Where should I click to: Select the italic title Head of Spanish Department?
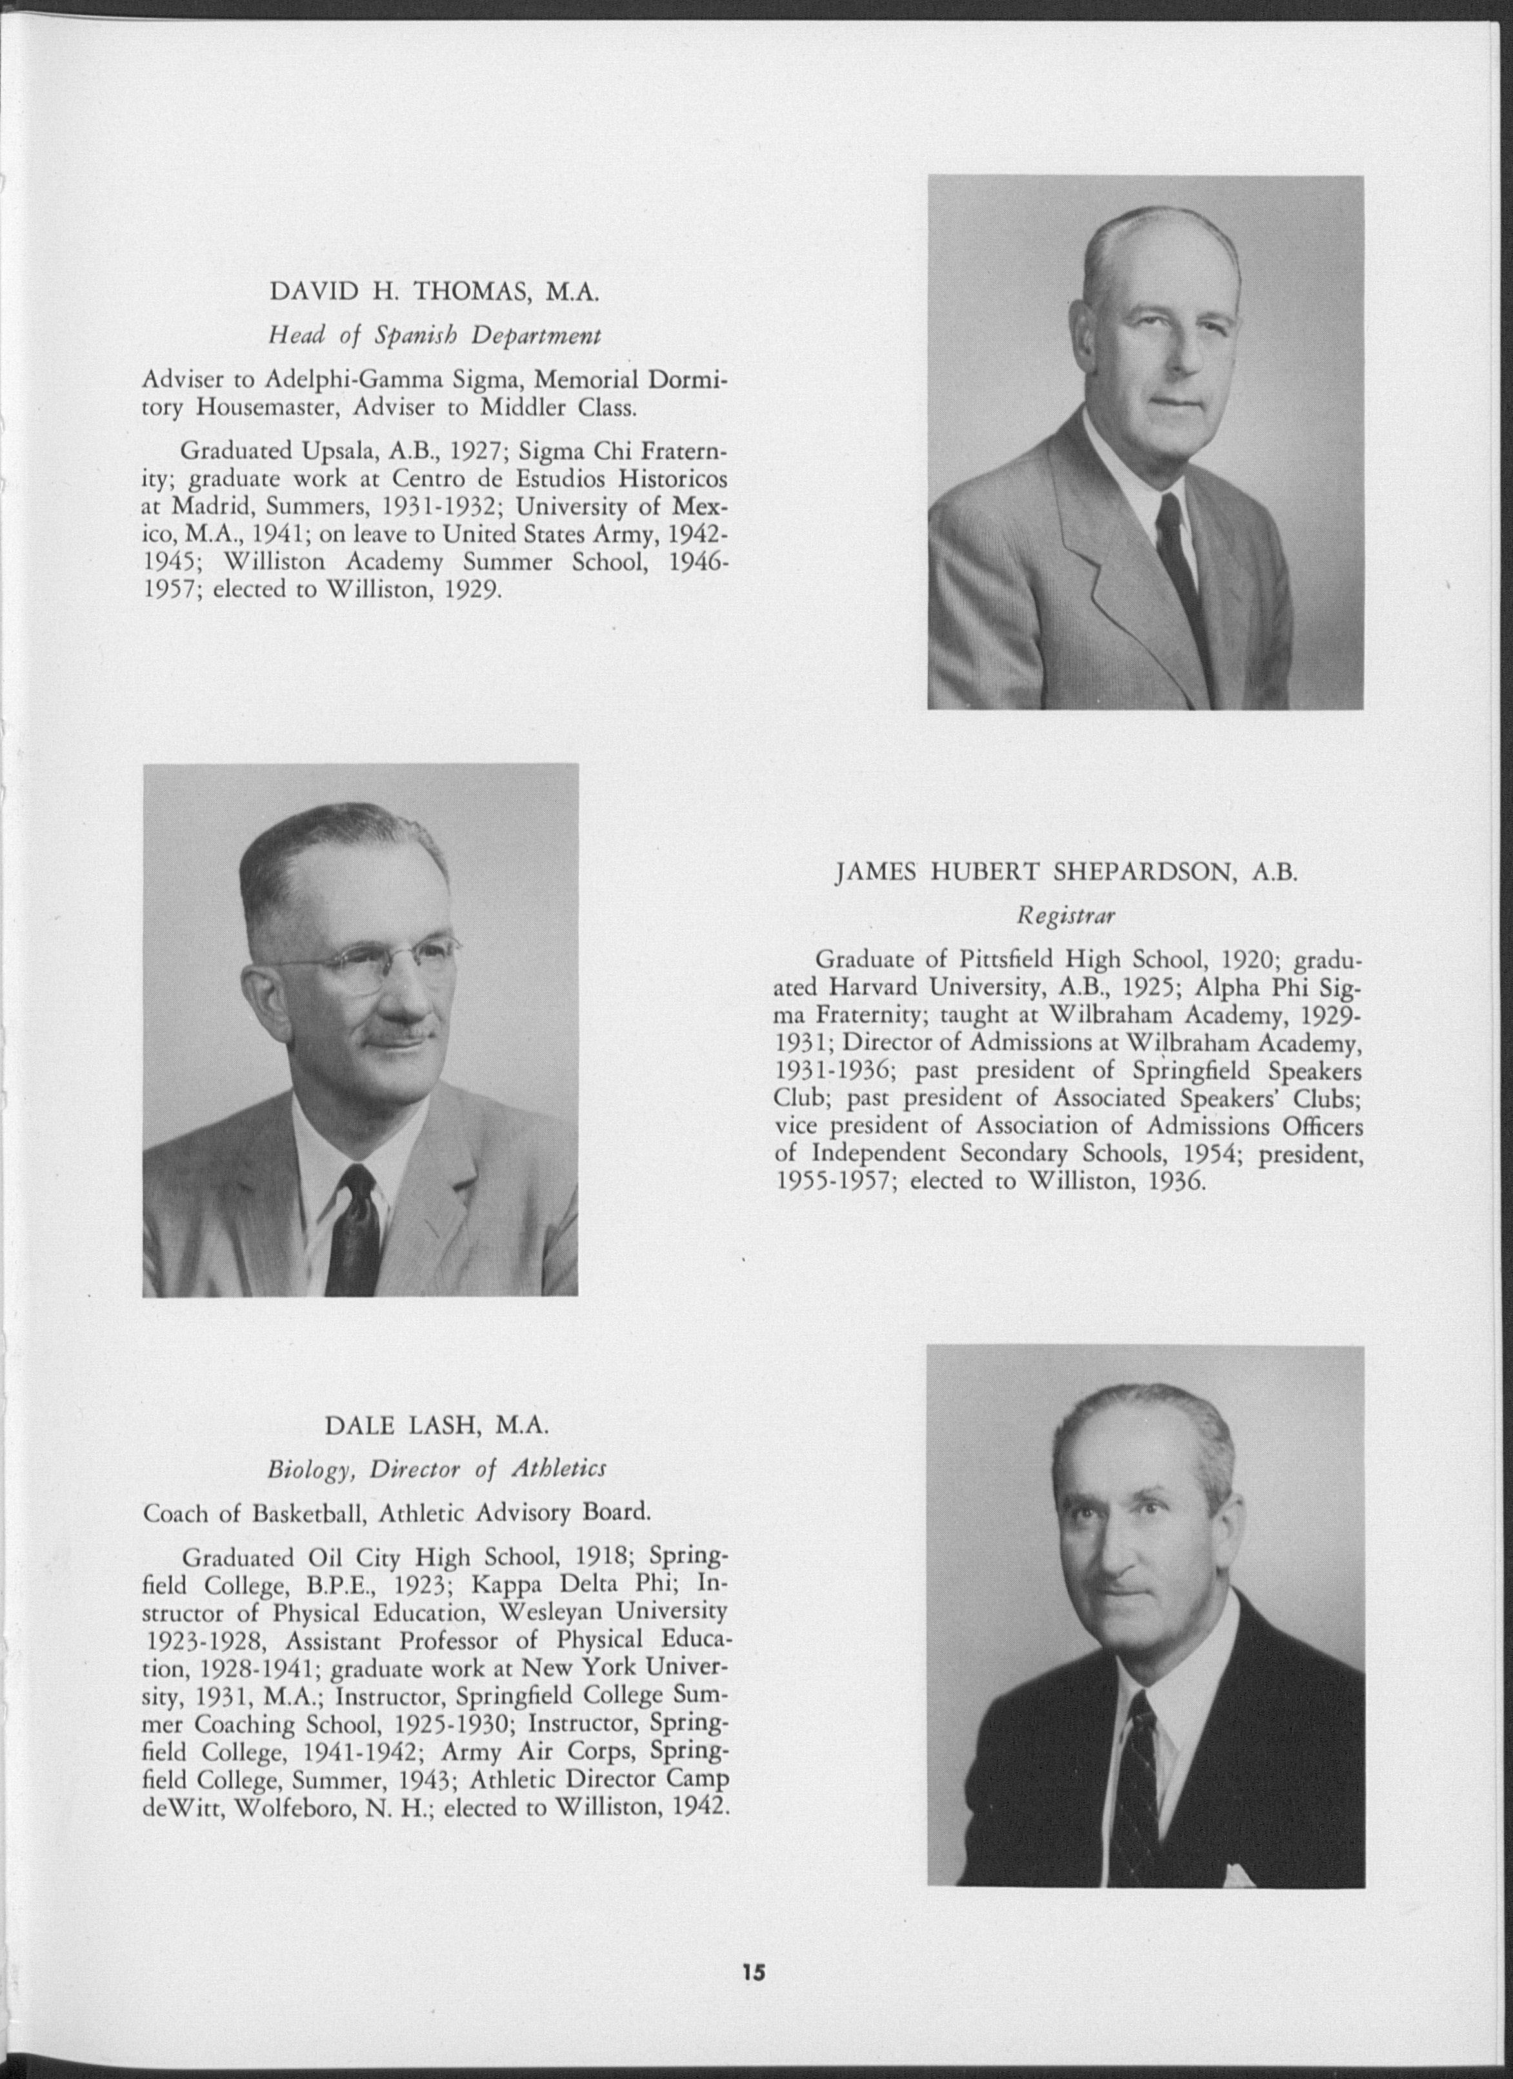tap(435, 335)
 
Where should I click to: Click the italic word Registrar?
tap(1065, 915)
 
